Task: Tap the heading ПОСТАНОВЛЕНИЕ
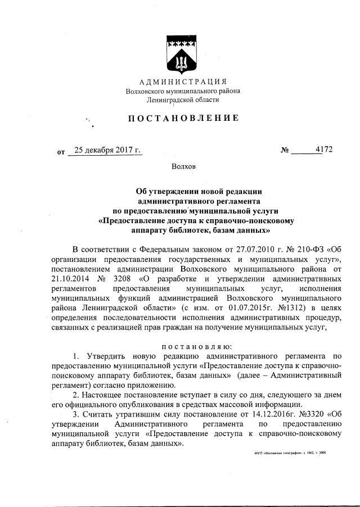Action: [178, 118]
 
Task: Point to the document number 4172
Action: [324, 150]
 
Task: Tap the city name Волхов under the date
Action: [183, 166]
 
